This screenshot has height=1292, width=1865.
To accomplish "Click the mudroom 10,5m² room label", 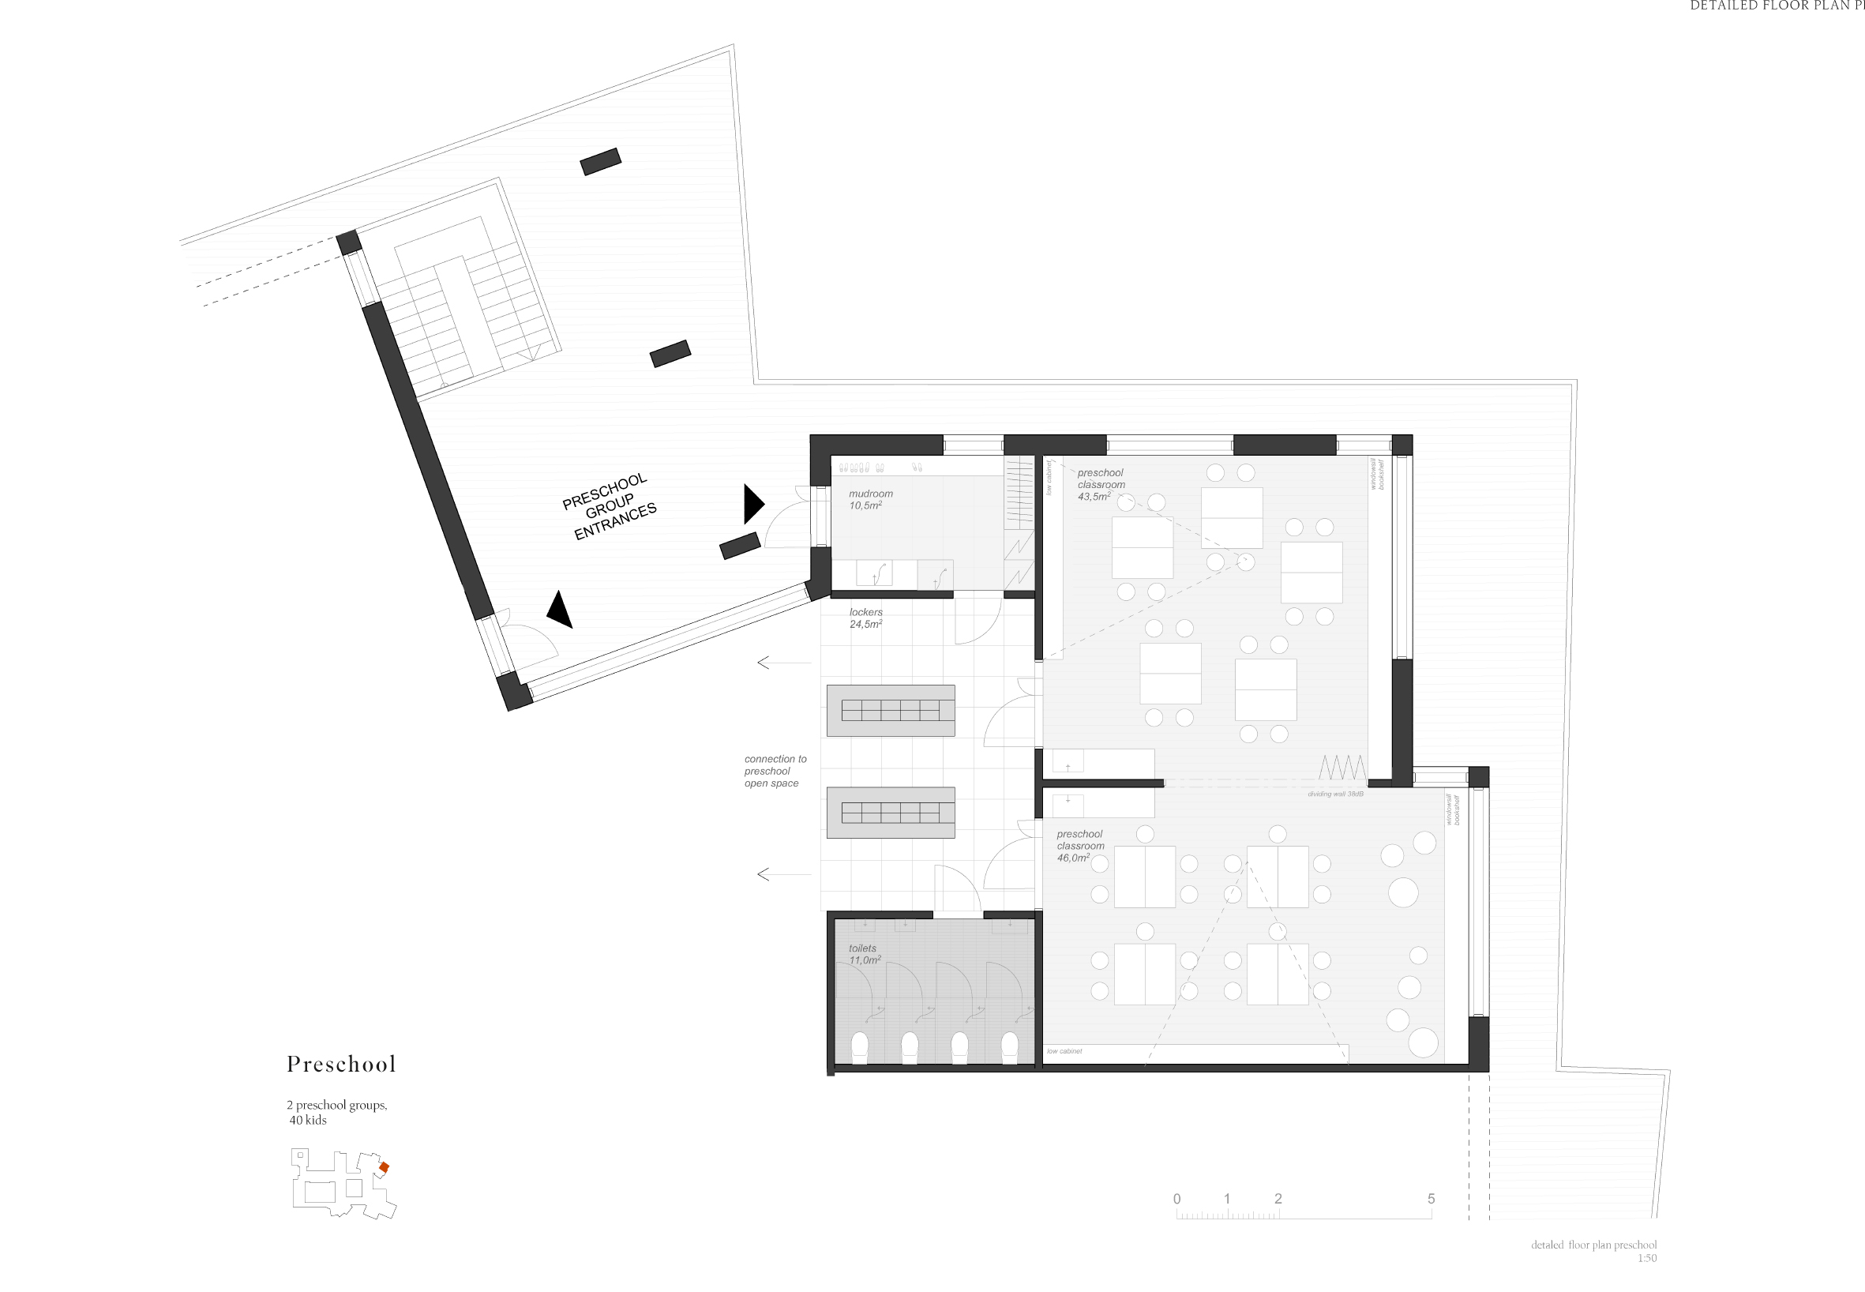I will [870, 499].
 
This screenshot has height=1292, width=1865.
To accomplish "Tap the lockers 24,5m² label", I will [865, 618].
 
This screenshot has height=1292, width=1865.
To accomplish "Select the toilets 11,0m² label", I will [864, 954].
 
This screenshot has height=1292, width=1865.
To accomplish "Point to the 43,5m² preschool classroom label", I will [1100, 484].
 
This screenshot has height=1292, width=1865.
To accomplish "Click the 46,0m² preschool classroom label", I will [1080, 845].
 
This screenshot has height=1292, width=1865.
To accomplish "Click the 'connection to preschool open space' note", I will [775, 771].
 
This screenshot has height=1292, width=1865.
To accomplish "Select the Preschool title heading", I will [341, 1064].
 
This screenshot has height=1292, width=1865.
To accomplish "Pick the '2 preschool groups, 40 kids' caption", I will [336, 1112].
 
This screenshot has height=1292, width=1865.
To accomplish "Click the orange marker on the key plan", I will [385, 1167].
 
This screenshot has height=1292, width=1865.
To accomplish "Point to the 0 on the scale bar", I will [1177, 1199].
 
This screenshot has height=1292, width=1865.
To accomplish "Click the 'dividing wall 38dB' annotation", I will [1335, 794].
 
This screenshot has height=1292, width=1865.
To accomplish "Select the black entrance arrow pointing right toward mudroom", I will [752, 504].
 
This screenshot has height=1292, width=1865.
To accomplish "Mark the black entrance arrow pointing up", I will [559, 610].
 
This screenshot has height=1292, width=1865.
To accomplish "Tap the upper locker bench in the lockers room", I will [891, 710].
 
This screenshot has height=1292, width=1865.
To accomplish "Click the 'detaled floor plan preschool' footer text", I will [1593, 1245].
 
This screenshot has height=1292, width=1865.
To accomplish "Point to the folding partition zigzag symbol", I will [1342, 767].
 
